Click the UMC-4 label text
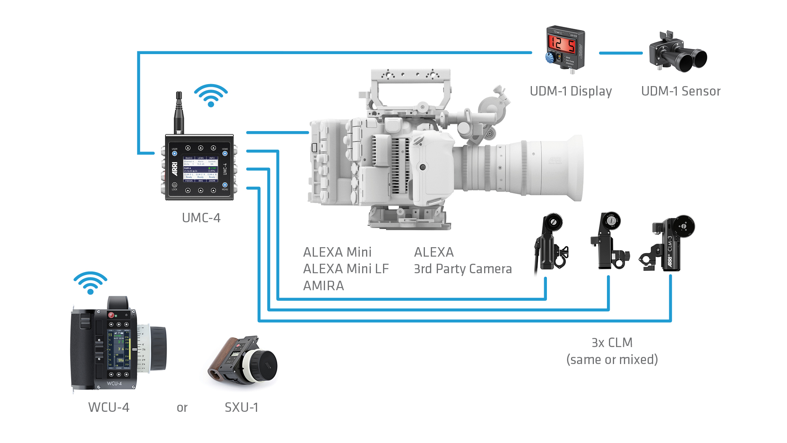coord(201,218)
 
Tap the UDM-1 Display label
coord(571,91)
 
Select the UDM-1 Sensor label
coord(681,91)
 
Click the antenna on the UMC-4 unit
coord(179,113)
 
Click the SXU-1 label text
coord(241,407)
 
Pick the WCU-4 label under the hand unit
coord(109,407)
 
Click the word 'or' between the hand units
coord(182,407)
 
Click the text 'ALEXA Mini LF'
coord(346,269)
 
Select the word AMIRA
coord(323,285)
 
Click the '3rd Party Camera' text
coord(463,269)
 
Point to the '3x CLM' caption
coord(612,342)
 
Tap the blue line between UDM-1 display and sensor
coord(620,53)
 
